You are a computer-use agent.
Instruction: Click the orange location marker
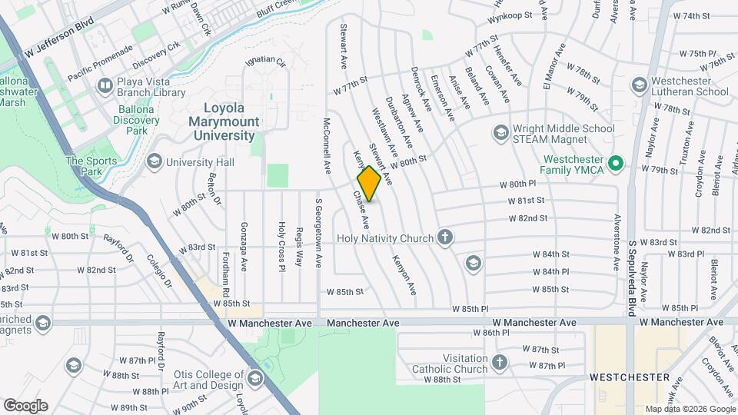[x=369, y=184]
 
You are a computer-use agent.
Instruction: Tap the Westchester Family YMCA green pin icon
[x=615, y=163]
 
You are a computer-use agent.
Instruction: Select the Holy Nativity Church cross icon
[x=444, y=237]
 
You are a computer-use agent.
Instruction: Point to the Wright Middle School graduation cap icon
[x=500, y=134]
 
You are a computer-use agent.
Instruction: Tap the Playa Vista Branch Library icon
[x=104, y=85]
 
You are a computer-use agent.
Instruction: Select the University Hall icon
[x=154, y=161]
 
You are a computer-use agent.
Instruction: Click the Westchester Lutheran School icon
[x=639, y=85]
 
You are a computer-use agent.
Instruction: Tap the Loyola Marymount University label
[x=223, y=121]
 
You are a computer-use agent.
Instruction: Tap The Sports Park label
[x=91, y=166]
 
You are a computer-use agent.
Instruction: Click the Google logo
[x=25, y=406]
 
